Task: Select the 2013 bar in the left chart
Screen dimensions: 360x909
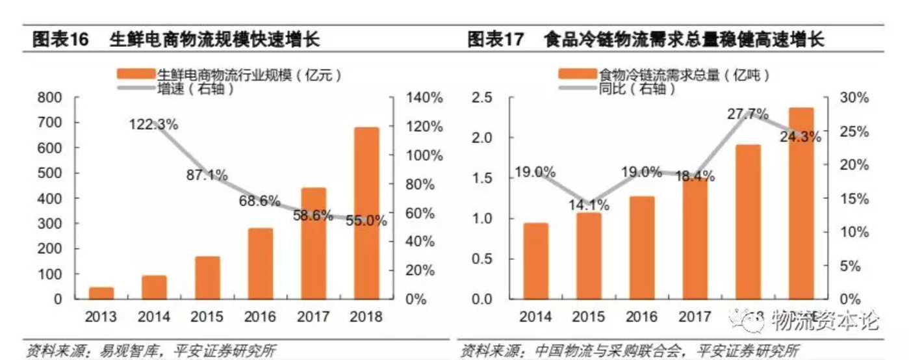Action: click(101, 292)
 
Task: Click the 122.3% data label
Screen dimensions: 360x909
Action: click(153, 124)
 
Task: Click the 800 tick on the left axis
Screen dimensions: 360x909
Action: click(50, 97)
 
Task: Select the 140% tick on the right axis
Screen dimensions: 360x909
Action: click(425, 97)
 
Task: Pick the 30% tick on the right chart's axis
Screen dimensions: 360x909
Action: click(854, 97)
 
